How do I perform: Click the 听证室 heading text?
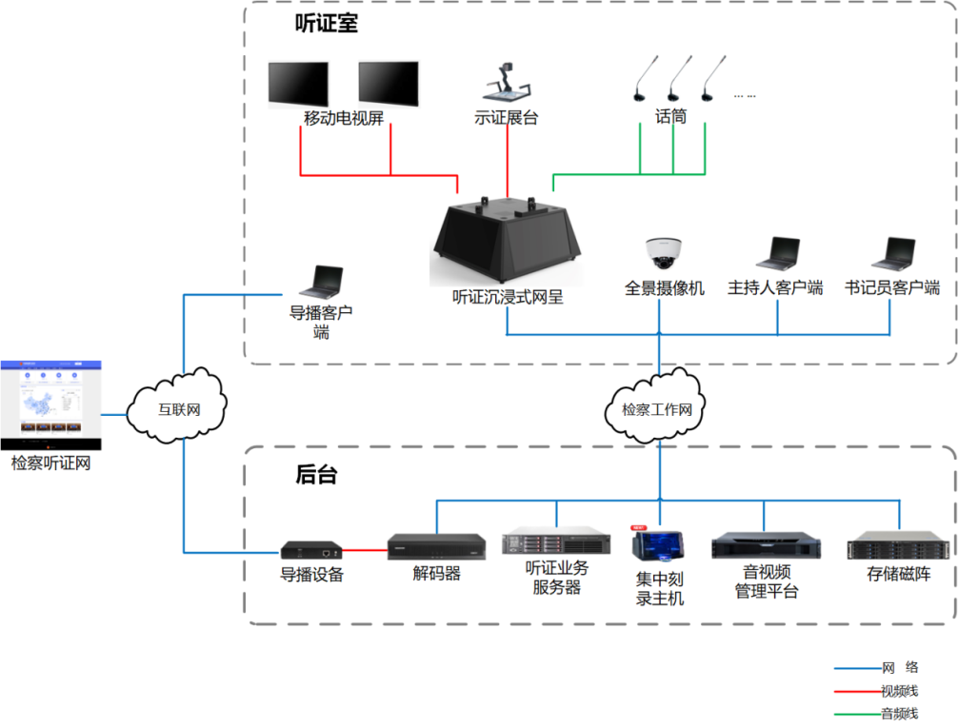[x=327, y=24]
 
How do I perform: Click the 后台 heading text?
[x=316, y=474]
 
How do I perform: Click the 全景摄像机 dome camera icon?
[x=664, y=252]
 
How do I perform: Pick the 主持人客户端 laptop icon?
[x=777, y=254]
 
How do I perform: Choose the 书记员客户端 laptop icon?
[x=892, y=254]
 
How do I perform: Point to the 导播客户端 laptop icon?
[x=321, y=282]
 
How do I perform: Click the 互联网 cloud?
[x=179, y=409]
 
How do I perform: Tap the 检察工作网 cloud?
[x=657, y=410]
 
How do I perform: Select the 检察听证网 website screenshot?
[x=50, y=405]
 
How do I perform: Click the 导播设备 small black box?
[x=311, y=550]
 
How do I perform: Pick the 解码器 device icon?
[x=436, y=544]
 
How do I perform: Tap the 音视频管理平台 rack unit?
[x=765, y=546]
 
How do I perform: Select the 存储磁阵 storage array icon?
[x=898, y=545]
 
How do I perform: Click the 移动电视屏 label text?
[x=344, y=119]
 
